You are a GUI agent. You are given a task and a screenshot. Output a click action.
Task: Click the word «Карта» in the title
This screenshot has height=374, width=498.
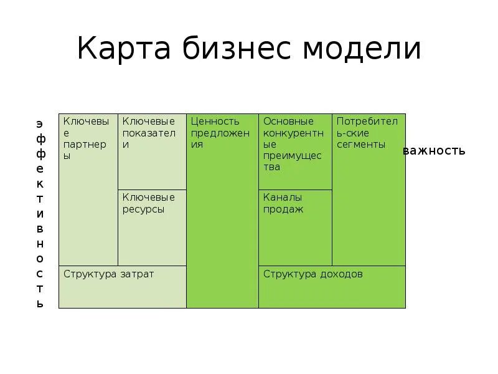click(125, 49)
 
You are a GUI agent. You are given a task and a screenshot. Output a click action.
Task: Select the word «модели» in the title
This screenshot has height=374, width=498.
click(362, 49)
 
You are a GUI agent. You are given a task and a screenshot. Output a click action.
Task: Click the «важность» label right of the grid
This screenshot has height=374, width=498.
click(434, 151)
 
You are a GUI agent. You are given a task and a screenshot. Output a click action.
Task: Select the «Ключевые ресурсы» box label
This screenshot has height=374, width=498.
click(149, 203)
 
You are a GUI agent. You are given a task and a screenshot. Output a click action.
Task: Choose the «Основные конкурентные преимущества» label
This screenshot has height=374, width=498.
click(293, 144)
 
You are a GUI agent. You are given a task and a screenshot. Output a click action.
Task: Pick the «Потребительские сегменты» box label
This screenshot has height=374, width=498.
click(367, 133)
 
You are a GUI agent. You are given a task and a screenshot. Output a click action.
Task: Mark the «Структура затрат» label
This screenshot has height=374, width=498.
click(108, 274)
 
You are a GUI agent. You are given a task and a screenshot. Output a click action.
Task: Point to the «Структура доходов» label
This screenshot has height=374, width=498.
click(312, 274)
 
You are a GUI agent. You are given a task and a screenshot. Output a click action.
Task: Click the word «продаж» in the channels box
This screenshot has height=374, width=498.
click(283, 209)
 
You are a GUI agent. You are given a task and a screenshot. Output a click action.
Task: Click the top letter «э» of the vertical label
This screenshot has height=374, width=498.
click(40, 123)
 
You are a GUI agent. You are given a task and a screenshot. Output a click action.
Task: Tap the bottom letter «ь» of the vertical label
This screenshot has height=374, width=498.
click(40, 304)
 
